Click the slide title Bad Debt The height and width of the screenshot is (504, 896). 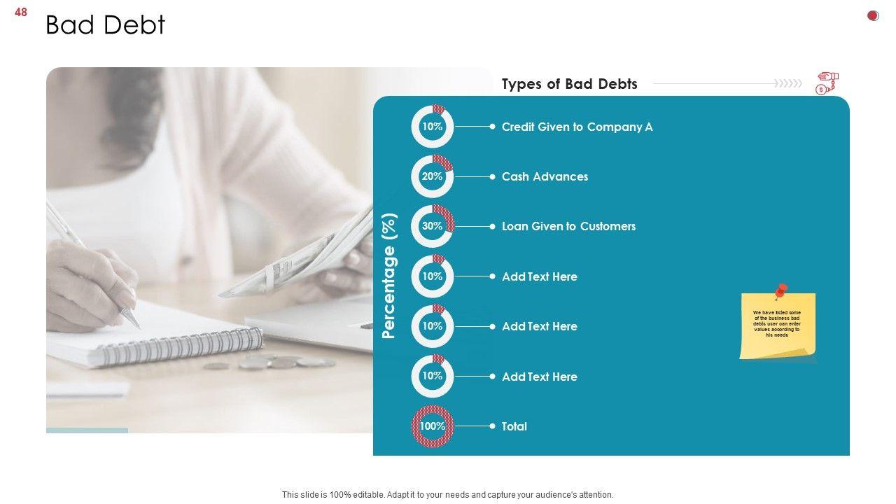105,24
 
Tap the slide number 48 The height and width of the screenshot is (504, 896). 21,13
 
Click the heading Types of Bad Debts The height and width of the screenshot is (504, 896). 569,84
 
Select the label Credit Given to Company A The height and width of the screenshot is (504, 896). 577,127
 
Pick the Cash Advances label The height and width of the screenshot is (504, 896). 545,176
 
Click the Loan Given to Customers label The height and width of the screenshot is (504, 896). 568,226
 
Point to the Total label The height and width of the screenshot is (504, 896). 514,426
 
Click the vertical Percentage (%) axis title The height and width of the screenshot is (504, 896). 388,276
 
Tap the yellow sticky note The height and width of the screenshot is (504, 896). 777,326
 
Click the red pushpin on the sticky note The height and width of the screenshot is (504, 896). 780,290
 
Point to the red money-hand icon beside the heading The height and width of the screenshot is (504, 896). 827,83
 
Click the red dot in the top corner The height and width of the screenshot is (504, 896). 873,15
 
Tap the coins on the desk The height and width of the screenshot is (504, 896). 269,363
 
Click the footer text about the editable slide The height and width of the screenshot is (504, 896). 447,495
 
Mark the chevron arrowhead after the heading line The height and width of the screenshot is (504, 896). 788,83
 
